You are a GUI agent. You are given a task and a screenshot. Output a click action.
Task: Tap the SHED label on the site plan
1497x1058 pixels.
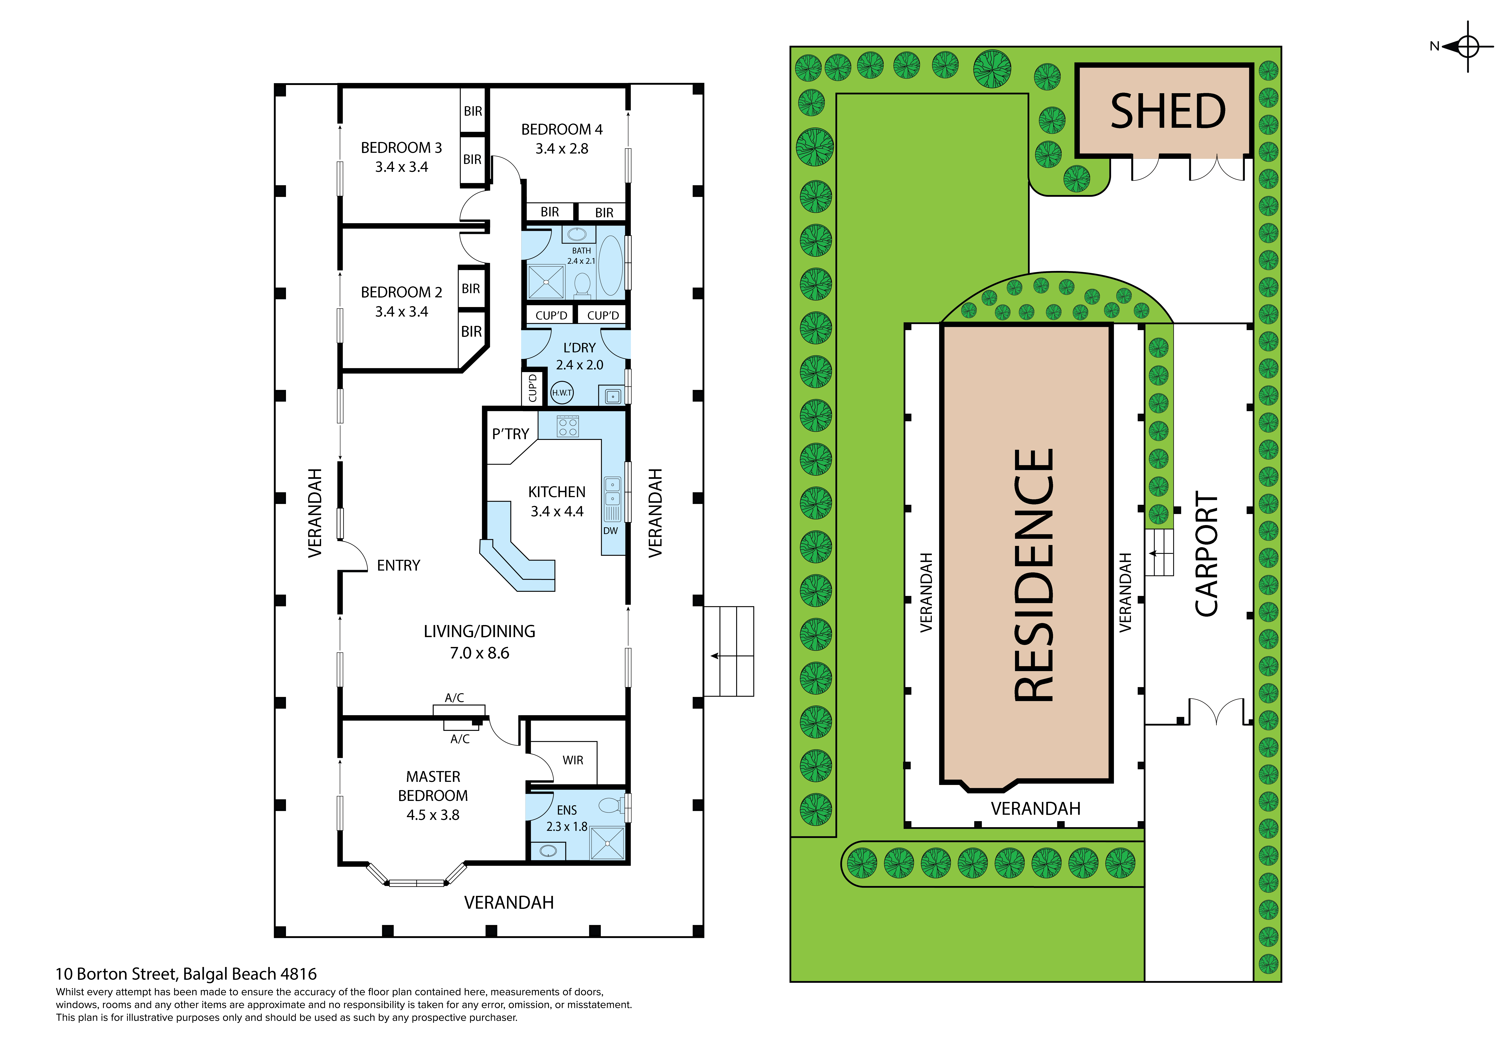[1168, 111]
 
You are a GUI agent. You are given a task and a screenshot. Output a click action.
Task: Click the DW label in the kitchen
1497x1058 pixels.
[610, 531]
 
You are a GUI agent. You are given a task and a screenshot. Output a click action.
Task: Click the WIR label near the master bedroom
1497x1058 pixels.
[573, 760]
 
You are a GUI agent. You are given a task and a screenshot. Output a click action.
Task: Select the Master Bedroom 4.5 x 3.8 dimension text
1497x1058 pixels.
[433, 815]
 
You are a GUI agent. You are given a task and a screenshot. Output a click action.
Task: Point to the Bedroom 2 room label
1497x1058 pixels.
[401, 292]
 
